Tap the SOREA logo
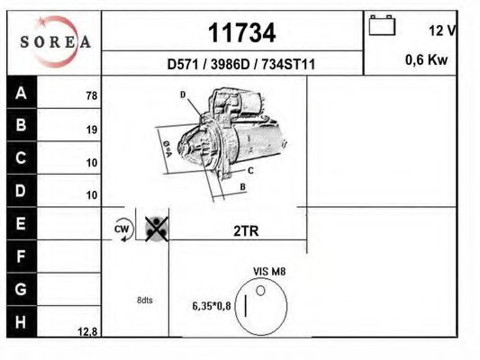click(x=56, y=41)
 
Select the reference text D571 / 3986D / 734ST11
click(x=240, y=64)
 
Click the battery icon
click(x=383, y=25)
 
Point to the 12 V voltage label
click(x=441, y=31)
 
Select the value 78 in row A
click(x=91, y=95)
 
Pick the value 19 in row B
click(x=91, y=129)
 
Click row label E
click(x=22, y=221)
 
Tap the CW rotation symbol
click(x=122, y=229)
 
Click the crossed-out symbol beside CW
click(x=156, y=229)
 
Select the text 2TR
click(x=246, y=230)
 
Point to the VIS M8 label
click(x=269, y=270)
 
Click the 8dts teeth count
click(x=144, y=301)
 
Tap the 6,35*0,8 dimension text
click(x=211, y=305)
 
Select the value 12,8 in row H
click(x=87, y=331)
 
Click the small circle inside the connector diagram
click(x=261, y=290)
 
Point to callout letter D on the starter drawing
click(x=182, y=94)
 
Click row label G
click(x=22, y=289)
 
